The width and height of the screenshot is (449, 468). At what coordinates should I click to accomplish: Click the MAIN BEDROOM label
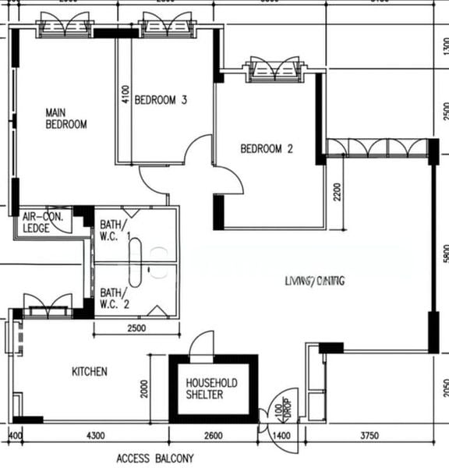click(65, 118)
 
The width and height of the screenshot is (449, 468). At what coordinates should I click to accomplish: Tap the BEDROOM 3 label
click(161, 100)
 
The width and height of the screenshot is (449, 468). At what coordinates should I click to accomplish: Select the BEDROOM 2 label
click(267, 149)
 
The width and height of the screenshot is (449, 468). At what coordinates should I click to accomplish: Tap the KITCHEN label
click(90, 372)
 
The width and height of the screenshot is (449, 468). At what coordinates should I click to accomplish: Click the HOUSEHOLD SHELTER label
click(211, 389)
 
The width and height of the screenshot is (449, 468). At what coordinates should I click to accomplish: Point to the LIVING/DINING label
click(315, 281)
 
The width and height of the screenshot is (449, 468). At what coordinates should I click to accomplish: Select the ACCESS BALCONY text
click(154, 459)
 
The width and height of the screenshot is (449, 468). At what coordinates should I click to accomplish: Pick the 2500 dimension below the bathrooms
click(136, 329)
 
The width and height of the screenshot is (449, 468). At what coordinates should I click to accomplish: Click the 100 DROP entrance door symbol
click(281, 406)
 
